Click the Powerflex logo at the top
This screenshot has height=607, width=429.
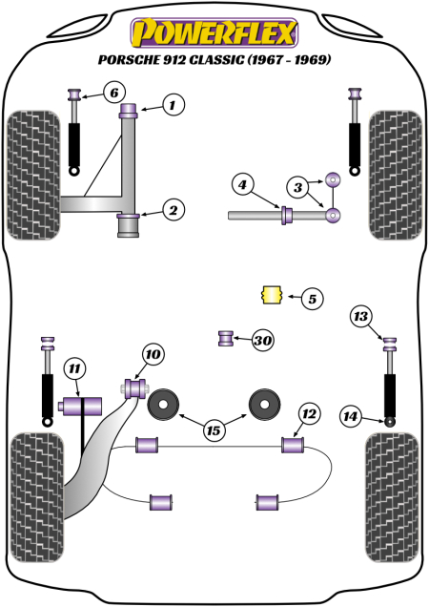(214, 31)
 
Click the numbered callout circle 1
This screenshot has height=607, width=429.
(173, 106)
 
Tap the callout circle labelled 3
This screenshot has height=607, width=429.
(299, 186)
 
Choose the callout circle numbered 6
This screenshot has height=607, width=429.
(112, 93)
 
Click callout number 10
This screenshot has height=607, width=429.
(153, 355)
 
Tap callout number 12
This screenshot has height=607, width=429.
(307, 413)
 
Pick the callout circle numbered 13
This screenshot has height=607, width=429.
(359, 316)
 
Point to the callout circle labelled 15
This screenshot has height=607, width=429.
(214, 431)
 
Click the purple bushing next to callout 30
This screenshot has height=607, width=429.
(227, 338)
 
